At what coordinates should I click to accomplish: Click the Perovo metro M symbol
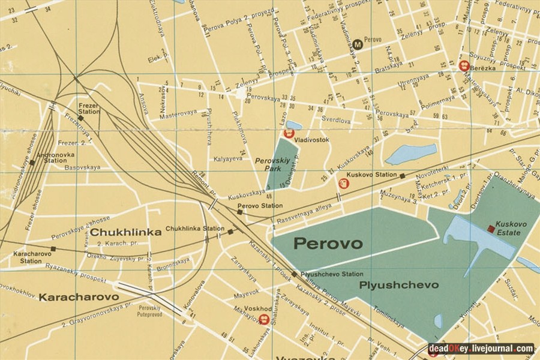pyautogui.click(x=358, y=44)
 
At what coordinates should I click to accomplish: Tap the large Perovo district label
pyautogui.click(x=328, y=244)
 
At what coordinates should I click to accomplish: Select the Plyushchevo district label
pyautogui.click(x=398, y=285)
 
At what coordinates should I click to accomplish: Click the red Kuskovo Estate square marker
pyautogui.click(x=491, y=229)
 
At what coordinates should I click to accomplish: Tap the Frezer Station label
pyautogui.click(x=89, y=108)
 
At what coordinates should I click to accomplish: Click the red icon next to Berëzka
pyautogui.click(x=464, y=66)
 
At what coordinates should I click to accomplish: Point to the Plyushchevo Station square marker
pyautogui.click(x=294, y=274)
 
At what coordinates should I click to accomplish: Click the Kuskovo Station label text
pyautogui.click(x=372, y=175)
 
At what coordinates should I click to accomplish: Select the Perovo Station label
pyautogui.click(x=260, y=206)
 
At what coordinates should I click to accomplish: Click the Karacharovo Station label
pyautogui.click(x=28, y=257)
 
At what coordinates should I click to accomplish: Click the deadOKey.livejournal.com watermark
pyautogui.click(x=481, y=348)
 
